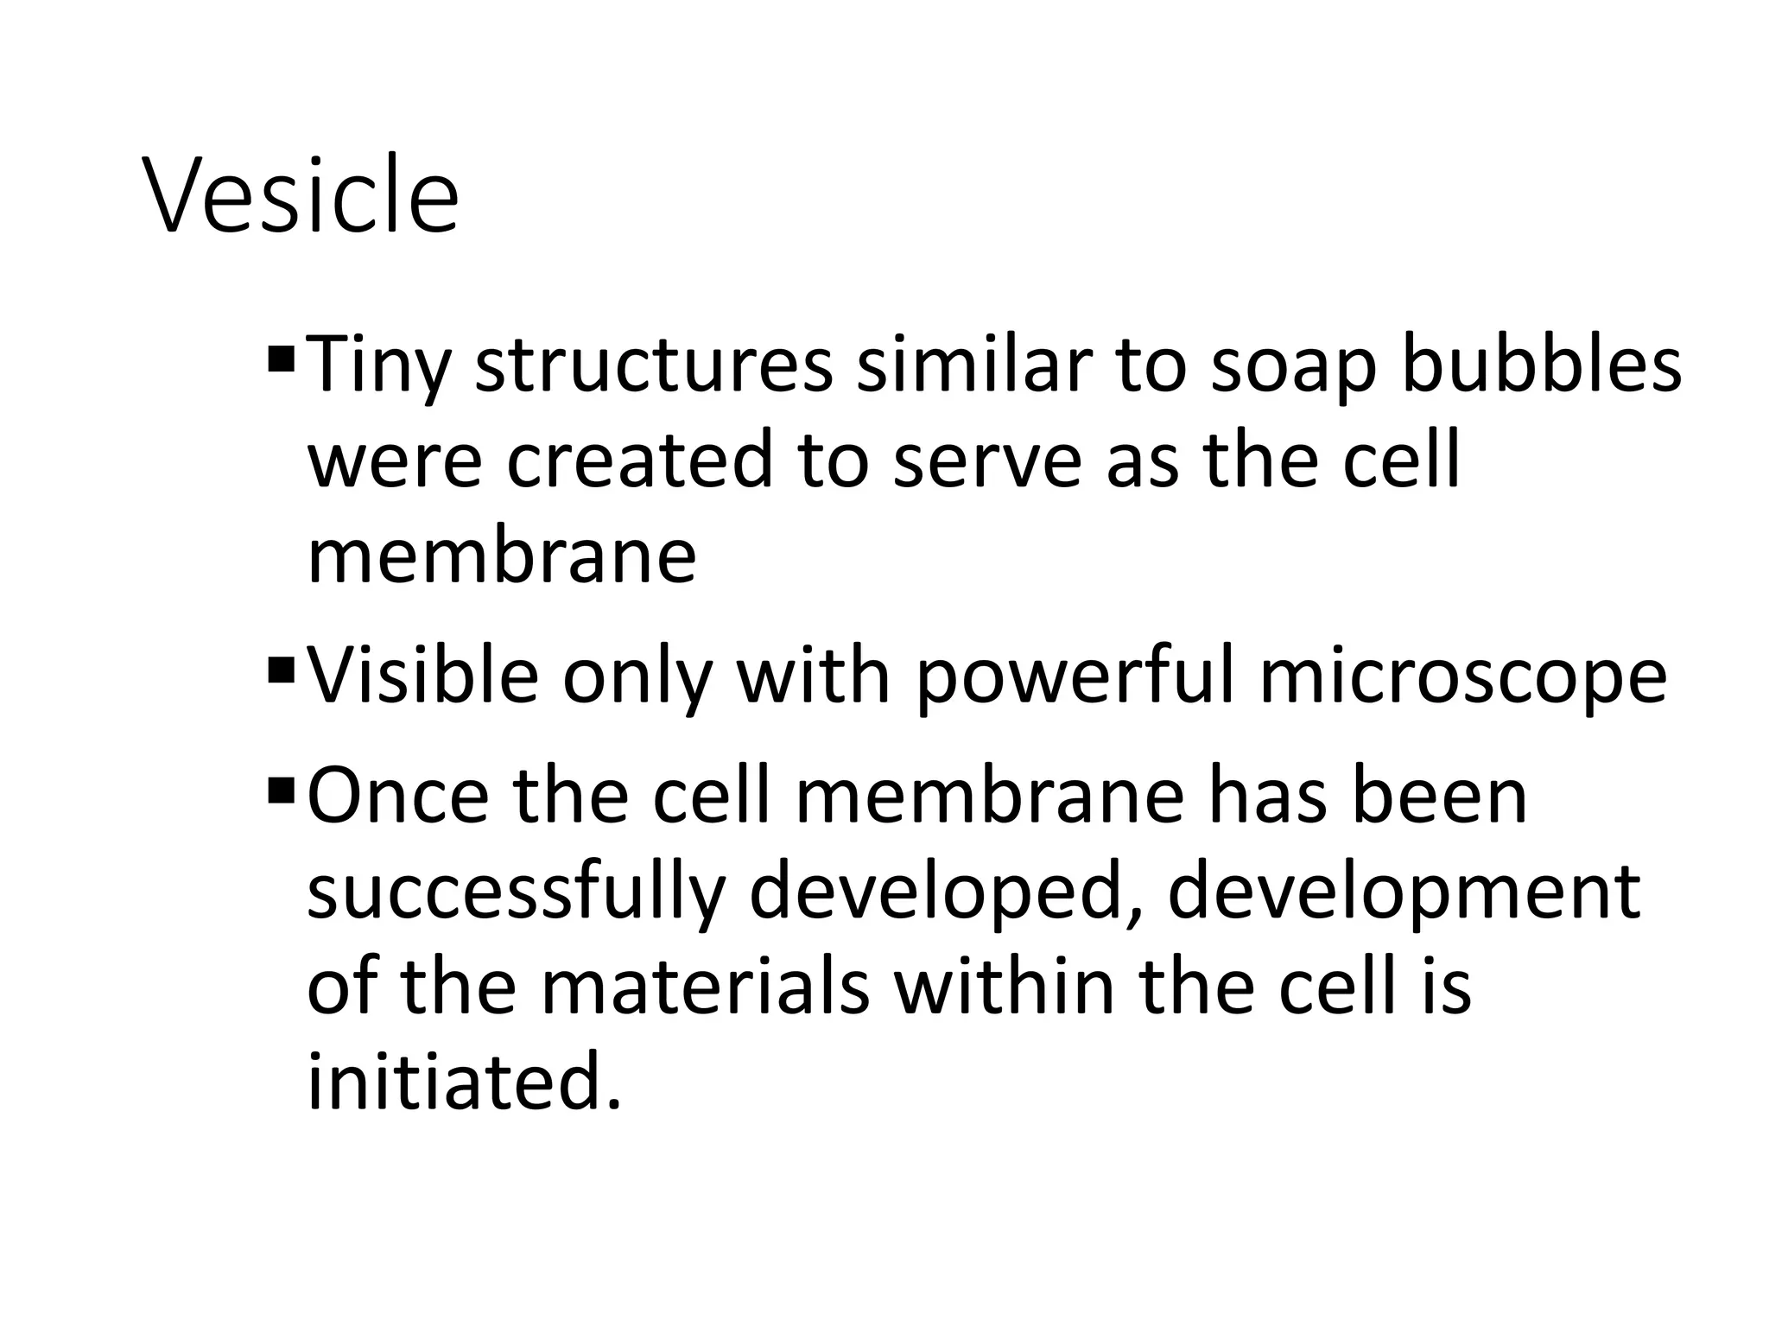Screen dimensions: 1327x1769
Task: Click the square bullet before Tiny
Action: click(281, 357)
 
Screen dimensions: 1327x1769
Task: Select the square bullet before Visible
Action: click(281, 668)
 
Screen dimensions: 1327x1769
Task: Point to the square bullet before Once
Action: click(281, 788)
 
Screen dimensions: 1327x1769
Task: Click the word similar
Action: click(973, 365)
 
